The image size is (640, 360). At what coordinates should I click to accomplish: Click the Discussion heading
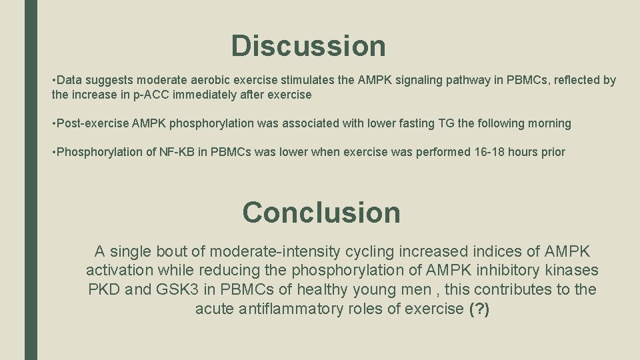pos(308,46)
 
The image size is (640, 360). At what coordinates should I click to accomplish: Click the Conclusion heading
pos(321,212)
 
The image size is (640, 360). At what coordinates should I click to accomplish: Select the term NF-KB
pos(175,152)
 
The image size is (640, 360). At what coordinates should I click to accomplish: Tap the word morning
pos(549,123)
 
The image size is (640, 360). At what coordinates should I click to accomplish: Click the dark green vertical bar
pos(31,180)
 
